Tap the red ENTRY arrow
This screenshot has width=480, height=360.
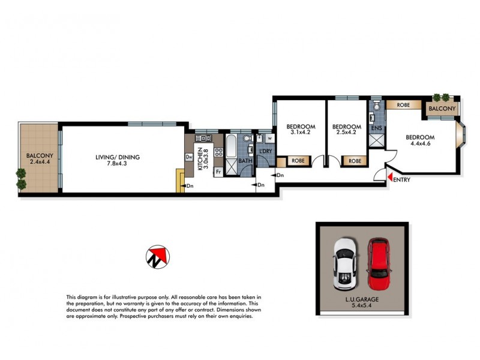(x=389, y=178)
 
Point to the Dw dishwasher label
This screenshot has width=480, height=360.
(x=188, y=158)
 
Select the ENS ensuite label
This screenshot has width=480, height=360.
(x=377, y=127)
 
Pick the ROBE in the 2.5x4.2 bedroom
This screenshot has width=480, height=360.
(x=355, y=161)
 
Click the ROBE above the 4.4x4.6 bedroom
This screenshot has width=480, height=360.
(x=403, y=105)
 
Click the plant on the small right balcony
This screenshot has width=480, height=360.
(x=445, y=97)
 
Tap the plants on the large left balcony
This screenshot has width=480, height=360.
(x=22, y=178)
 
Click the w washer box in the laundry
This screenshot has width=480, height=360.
(x=269, y=139)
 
